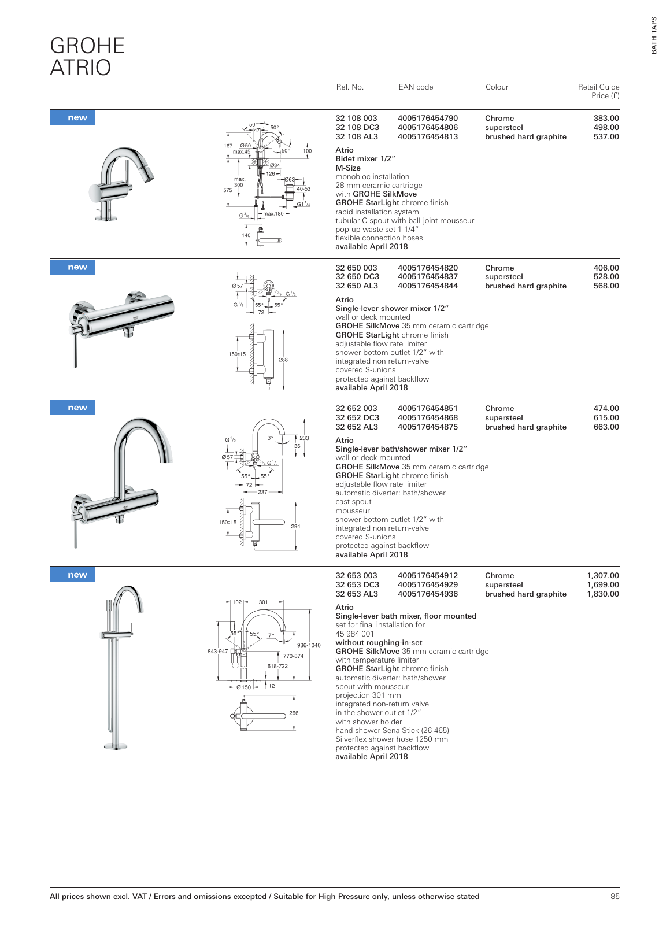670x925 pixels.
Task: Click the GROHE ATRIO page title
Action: (87, 57)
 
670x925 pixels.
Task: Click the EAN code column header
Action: (416, 87)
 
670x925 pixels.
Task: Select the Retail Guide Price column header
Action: (598, 91)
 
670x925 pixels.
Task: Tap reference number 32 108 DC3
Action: (357, 128)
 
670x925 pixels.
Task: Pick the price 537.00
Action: (606, 137)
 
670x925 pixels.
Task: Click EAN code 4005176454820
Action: (427, 268)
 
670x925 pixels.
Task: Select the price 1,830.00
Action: (602, 594)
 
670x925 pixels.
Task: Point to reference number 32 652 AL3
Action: (357, 427)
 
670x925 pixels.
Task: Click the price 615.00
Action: (606, 418)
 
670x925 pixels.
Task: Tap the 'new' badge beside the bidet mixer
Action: (77, 118)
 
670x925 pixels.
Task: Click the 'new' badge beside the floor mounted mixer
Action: (77, 575)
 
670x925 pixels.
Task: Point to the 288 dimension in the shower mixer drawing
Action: (283, 360)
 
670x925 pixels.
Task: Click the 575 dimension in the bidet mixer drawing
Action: (228, 190)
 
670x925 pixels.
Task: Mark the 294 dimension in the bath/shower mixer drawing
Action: (295, 527)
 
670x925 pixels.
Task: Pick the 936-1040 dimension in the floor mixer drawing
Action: (309, 645)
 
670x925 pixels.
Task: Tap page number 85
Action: (615, 897)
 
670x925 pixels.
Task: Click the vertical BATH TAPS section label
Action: (654, 35)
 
